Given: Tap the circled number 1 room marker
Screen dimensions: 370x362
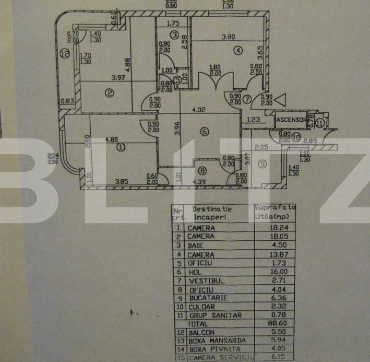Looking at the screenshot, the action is tap(121, 147).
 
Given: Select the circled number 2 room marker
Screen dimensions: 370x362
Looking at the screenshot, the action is tap(110, 94).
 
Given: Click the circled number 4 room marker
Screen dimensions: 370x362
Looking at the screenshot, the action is tap(238, 51).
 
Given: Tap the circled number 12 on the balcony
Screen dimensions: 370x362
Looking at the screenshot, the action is tap(64, 53).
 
